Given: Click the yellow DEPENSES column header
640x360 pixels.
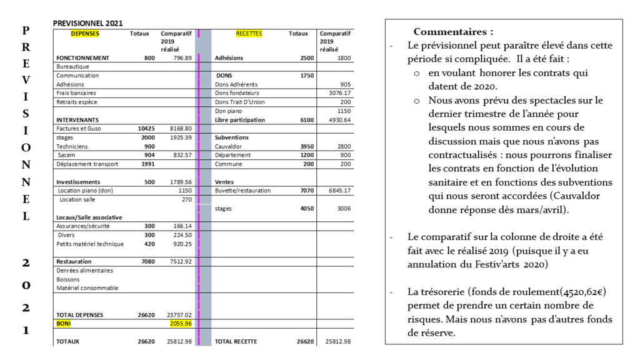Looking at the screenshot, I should pyautogui.click(x=85, y=34).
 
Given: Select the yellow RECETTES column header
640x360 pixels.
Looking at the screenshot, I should pyautogui.click(x=249, y=34).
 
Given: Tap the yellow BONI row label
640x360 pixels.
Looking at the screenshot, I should pyautogui.click(x=63, y=324).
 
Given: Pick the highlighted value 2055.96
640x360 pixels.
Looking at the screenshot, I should pyautogui.click(x=181, y=324).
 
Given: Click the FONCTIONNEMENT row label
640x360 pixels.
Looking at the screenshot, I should pyautogui.click(x=82, y=58).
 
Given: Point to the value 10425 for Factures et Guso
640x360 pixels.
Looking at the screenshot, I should pyautogui.click(x=146, y=128).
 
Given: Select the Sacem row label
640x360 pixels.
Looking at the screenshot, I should pyautogui.click(x=67, y=154).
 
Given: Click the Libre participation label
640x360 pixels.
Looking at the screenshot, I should pyautogui.click(x=240, y=119).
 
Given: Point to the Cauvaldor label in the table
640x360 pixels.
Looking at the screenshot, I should pyautogui.click(x=229, y=146).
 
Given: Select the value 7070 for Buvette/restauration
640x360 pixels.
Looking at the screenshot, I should pyautogui.click(x=307, y=190).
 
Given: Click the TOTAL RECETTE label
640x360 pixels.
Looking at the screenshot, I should pyautogui.click(x=236, y=342).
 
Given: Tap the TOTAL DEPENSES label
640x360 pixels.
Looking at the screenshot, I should pyautogui.click(x=80, y=315).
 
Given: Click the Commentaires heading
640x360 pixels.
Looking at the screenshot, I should pyautogui.click(x=453, y=32).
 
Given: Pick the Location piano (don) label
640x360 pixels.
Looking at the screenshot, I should pyautogui.click(x=85, y=190).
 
